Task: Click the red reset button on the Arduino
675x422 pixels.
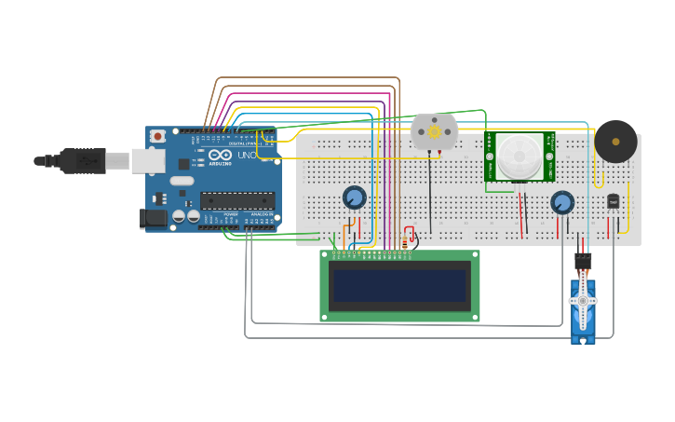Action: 157,136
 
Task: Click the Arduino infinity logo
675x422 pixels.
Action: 220,156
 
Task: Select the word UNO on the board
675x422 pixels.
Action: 249,156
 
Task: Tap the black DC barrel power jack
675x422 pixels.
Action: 154,219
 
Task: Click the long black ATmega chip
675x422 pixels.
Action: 237,199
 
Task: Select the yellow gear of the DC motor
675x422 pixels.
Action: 434,132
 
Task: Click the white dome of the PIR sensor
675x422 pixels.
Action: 519,156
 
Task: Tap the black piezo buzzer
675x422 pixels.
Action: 615,142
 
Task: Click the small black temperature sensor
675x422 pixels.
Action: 613,200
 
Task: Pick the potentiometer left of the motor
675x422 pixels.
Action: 354,197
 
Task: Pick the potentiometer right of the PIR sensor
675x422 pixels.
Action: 561,202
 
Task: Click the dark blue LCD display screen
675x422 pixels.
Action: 400,285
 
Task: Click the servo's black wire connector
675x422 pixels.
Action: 582,261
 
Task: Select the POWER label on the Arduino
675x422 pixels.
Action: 230,214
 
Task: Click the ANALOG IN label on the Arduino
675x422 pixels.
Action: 262,214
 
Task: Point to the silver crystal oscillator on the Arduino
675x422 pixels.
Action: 182,181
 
